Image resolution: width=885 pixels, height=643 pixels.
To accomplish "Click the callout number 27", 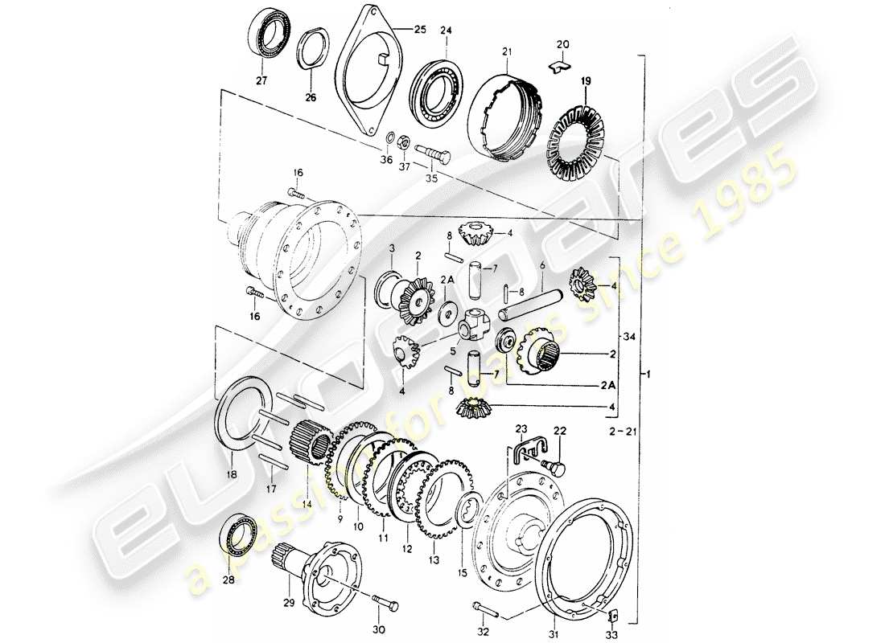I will click(261, 80).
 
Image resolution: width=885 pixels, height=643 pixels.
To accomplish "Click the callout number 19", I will click(585, 81).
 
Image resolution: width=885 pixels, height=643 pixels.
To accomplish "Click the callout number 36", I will click(385, 160).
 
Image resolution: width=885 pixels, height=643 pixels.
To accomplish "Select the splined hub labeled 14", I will click(310, 442).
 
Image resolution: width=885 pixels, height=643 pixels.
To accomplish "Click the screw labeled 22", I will click(555, 464).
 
